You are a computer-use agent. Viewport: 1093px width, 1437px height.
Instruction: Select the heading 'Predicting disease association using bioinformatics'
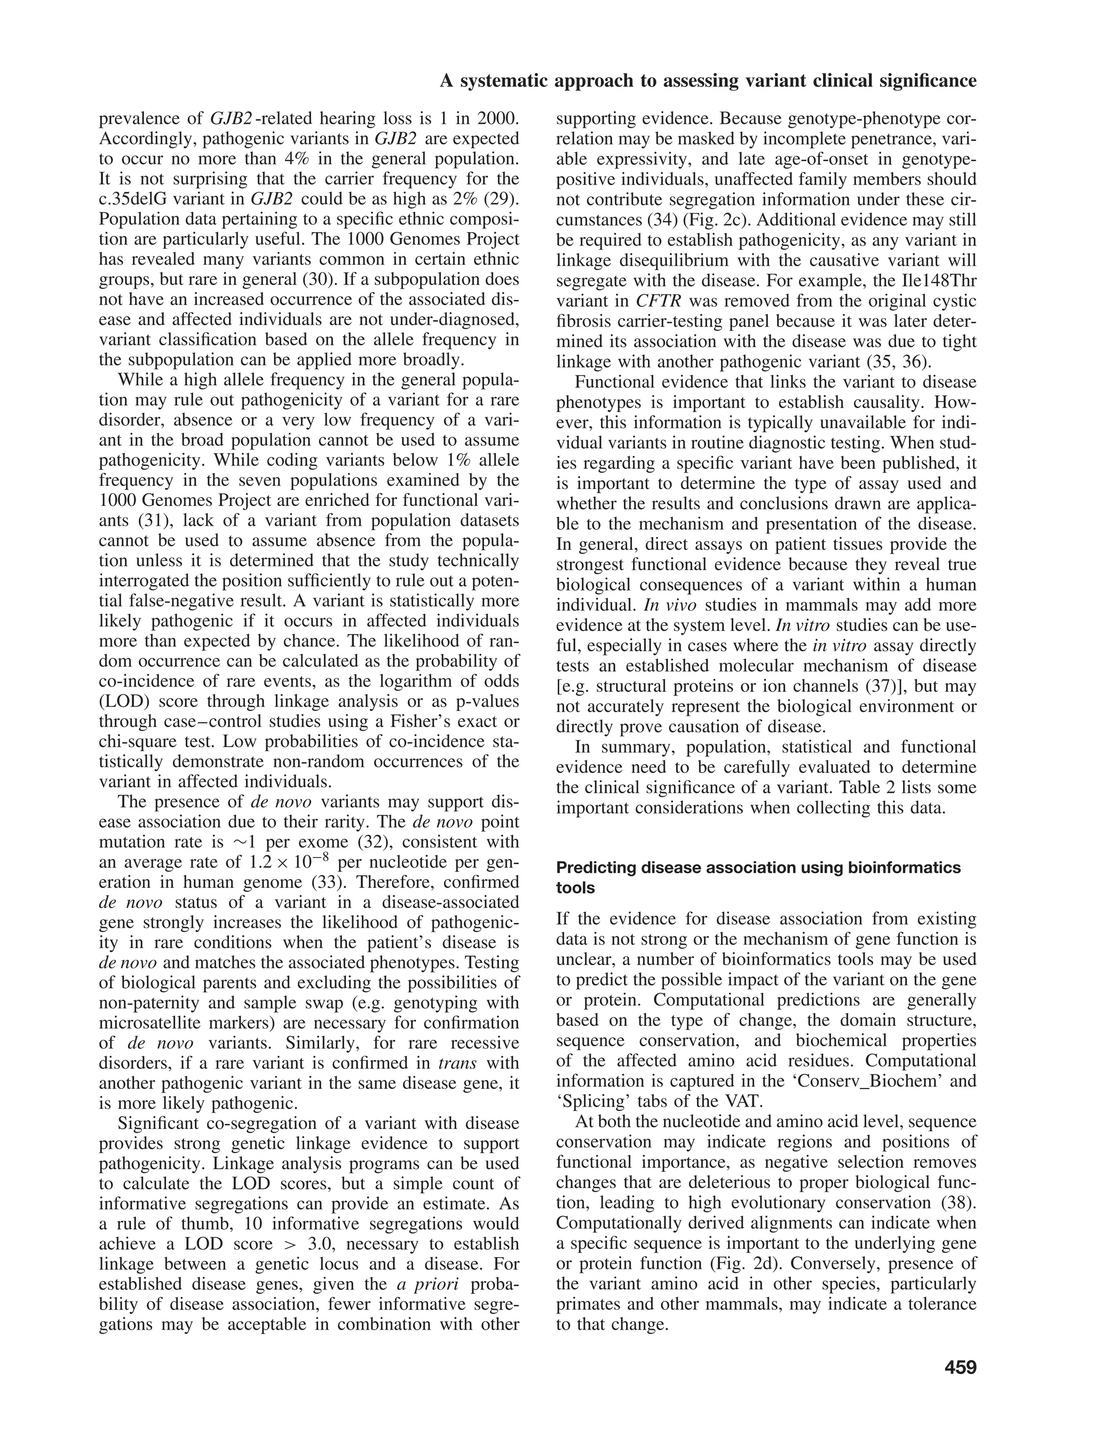(758, 867)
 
